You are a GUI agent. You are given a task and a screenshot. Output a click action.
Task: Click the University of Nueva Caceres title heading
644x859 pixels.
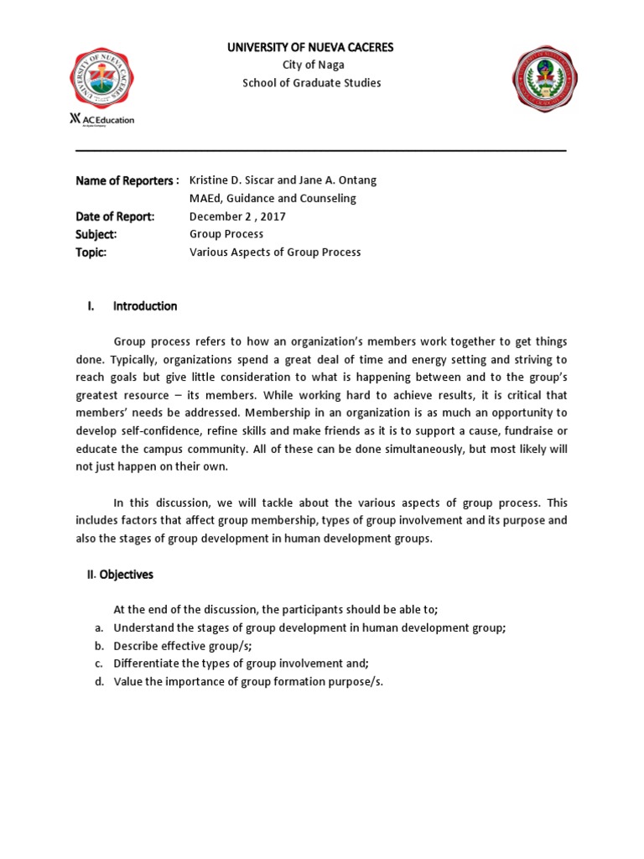tap(311, 47)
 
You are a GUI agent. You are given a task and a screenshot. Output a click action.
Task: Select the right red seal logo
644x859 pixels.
tap(545, 81)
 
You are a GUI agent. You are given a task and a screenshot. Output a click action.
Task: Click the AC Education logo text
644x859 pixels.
tap(101, 119)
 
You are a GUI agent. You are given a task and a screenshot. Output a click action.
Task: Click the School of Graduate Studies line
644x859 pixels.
tap(311, 83)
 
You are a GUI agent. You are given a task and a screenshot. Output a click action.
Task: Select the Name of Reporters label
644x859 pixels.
tap(127, 180)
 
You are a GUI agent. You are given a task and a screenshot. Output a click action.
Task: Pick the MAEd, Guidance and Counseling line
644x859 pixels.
tap(273, 199)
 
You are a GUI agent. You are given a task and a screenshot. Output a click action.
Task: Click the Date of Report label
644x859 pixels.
tap(115, 216)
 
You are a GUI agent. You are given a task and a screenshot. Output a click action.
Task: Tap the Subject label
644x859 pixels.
tap(96, 234)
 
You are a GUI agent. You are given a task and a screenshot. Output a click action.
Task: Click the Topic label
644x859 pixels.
tap(91, 252)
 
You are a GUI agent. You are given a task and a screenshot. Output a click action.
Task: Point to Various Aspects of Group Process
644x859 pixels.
tap(275, 252)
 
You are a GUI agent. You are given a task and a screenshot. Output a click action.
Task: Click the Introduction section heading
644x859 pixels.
tap(145, 306)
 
